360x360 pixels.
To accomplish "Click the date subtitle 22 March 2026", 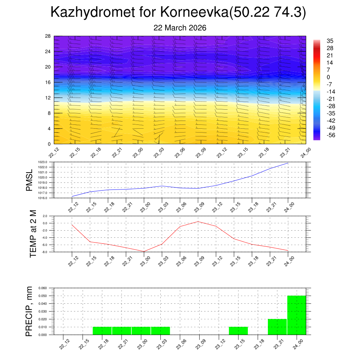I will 180,28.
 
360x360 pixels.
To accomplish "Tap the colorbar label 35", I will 330,41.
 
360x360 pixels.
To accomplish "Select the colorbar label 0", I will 328,77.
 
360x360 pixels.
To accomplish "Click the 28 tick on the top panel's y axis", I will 48,36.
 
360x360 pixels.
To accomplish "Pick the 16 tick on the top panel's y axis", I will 48,82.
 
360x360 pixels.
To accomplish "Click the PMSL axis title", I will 29,180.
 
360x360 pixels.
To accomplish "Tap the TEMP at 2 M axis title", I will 33,234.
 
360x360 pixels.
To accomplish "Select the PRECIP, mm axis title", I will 29,311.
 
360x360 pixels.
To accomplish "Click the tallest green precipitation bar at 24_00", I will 297,315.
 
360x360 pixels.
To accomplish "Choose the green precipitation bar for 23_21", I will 277,327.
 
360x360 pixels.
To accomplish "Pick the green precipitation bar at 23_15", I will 238,331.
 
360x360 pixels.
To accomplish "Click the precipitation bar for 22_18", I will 102,331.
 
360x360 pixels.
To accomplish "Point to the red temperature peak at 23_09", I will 198,221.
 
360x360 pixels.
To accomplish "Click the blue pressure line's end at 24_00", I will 288,163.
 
